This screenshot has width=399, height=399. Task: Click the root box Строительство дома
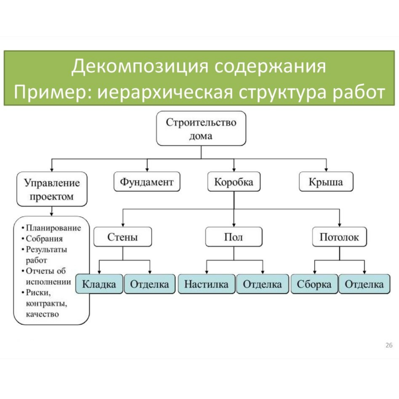tap(201, 129)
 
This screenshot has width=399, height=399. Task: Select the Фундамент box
tap(147, 182)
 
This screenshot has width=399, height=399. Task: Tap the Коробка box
tap(233, 182)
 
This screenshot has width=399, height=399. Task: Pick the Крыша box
tap(325, 182)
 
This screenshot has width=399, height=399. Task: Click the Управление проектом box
tap(52, 189)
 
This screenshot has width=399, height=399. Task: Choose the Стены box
tap(123, 237)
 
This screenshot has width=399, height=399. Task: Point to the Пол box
tap(233, 237)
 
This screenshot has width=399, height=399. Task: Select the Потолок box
tap(339, 237)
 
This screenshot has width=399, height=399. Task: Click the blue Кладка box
tap(99, 284)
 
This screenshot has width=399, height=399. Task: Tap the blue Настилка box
tap(206, 284)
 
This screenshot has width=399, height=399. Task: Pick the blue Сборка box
tap(314, 284)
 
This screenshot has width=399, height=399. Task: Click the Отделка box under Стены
tap(150, 284)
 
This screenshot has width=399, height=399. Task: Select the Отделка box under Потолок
tap(364, 284)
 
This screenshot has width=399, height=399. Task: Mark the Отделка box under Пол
tap(262, 284)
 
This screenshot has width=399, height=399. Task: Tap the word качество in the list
tap(42, 314)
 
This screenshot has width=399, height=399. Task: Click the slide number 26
tap(389, 345)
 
